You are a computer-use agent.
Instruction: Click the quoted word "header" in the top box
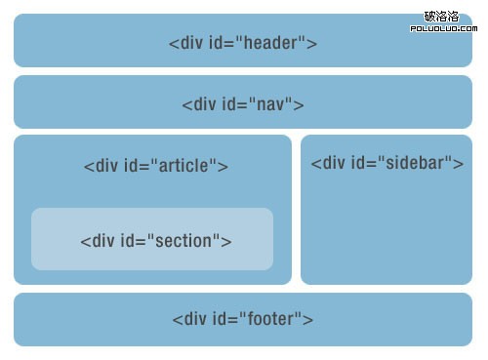[272, 43]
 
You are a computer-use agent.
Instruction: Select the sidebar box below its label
[386, 229]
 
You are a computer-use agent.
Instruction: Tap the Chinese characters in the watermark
[447, 16]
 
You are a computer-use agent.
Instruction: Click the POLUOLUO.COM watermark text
[447, 28]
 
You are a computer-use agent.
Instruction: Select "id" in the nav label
[229, 104]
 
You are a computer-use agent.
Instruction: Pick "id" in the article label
[132, 165]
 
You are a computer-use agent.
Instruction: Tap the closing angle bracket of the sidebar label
[459, 162]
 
